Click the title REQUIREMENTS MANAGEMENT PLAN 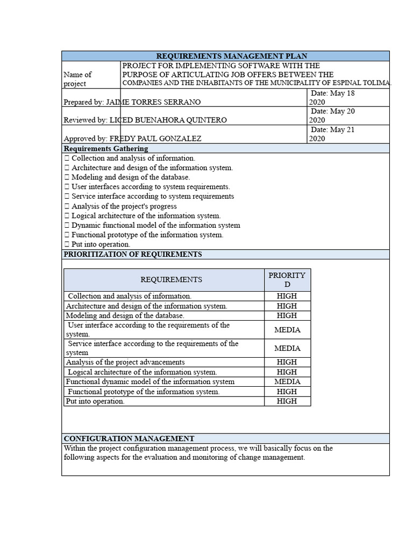pyautogui.click(x=231, y=56)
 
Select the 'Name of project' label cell pyautogui.click(x=77, y=79)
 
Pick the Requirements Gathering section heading pyautogui.click(x=106, y=148)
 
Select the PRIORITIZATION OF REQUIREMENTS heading pyautogui.click(x=133, y=254)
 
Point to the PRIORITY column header pyautogui.click(x=287, y=279)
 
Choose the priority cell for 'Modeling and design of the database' pyautogui.click(x=287, y=316)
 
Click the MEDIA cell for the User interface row pyautogui.click(x=287, y=330)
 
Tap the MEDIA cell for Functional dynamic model pyautogui.click(x=287, y=382)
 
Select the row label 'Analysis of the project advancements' pyautogui.click(x=125, y=363)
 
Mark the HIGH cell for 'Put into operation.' pyautogui.click(x=287, y=401)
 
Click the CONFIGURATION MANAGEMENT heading pyautogui.click(x=129, y=438)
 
